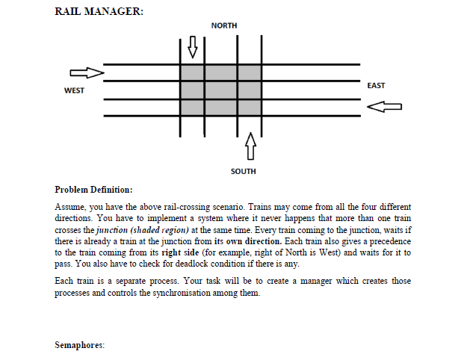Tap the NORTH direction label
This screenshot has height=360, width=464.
click(224, 25)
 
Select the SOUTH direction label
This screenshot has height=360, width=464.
click(244, 171)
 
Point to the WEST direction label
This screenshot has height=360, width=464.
click(75, 90)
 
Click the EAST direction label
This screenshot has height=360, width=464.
click(377, 85)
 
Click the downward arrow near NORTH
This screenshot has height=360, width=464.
click(193, 46)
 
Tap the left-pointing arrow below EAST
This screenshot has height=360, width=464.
click(384, 107)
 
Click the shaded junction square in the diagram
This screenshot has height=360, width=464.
click(220, 90)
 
